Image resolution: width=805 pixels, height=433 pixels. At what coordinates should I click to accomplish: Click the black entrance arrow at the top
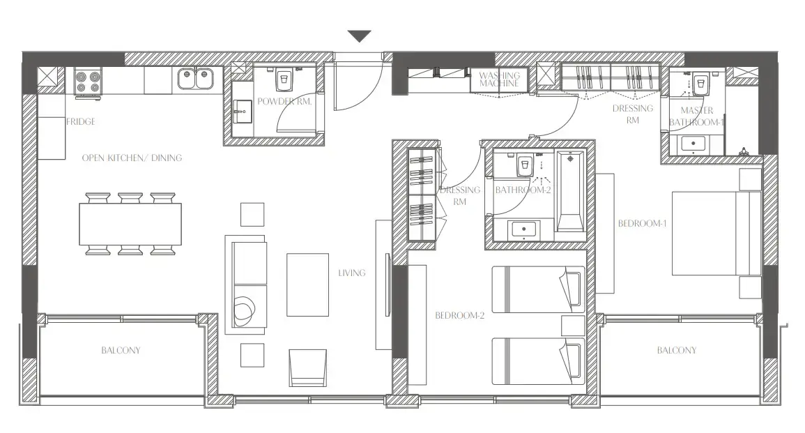click(x=359, y=36)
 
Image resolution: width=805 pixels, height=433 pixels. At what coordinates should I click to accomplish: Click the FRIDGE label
click(x=81, y=121)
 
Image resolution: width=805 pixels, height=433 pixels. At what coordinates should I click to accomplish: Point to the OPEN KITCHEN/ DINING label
click(x=132, y=158)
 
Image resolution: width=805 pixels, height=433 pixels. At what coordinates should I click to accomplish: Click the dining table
click(x=130, y=224)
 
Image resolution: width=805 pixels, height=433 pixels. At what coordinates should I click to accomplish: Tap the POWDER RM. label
click(x=284, y=102)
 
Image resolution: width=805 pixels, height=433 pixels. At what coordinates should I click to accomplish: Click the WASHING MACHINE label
click(x=499, y=79)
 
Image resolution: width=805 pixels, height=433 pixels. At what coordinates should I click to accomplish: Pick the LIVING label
click(x=351, y=273)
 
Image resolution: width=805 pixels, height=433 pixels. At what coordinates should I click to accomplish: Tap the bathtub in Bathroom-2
click(x=571, y=192)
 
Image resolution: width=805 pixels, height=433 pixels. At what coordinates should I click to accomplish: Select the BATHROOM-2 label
click(x=523, y=190)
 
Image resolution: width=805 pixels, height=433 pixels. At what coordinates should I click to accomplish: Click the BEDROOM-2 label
click(x=459, y=315)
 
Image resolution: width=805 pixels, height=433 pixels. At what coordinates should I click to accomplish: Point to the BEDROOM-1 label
click(x=643, y=224)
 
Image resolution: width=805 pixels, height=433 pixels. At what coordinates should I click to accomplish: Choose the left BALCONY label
click(x=121, y=350)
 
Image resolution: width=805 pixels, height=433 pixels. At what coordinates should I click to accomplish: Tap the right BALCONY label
click(x=676, y=350)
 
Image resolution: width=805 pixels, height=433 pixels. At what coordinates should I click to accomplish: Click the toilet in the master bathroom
click(x=700, y=83)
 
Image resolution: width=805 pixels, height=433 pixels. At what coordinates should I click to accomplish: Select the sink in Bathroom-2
click(x=522, y=228)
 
